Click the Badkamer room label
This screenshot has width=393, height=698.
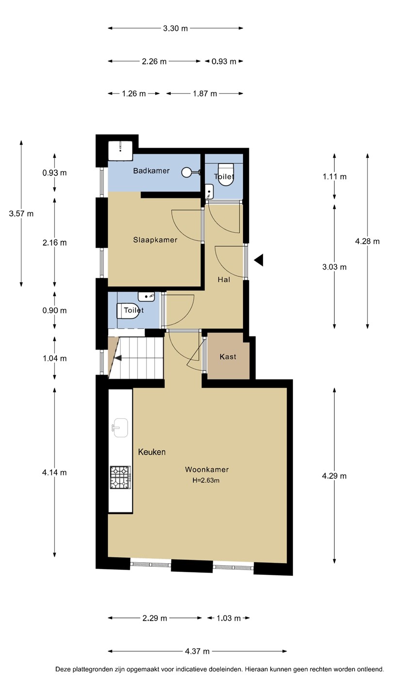point(151,171)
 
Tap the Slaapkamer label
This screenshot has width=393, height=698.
point(155,240)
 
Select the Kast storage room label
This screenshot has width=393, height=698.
point(228,357)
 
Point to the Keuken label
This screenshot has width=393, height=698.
point(152,452)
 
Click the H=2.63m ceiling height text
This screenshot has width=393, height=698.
point(206,480)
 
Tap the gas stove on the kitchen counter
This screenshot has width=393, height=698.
point(120,477)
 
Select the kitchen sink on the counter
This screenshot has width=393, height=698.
point(120,428)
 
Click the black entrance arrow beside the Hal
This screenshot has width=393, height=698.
point(259,260)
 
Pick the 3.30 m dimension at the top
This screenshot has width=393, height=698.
point(176,28)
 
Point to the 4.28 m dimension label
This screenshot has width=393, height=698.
point(367,241)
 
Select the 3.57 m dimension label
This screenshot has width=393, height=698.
point(21,214)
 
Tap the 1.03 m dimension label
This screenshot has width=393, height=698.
point(229,618)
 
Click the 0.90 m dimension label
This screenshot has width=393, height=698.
point(54,310)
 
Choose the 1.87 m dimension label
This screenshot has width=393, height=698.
point(205,94)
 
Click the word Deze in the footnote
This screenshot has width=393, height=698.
point(63,669)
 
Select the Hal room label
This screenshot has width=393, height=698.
point(224,280)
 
